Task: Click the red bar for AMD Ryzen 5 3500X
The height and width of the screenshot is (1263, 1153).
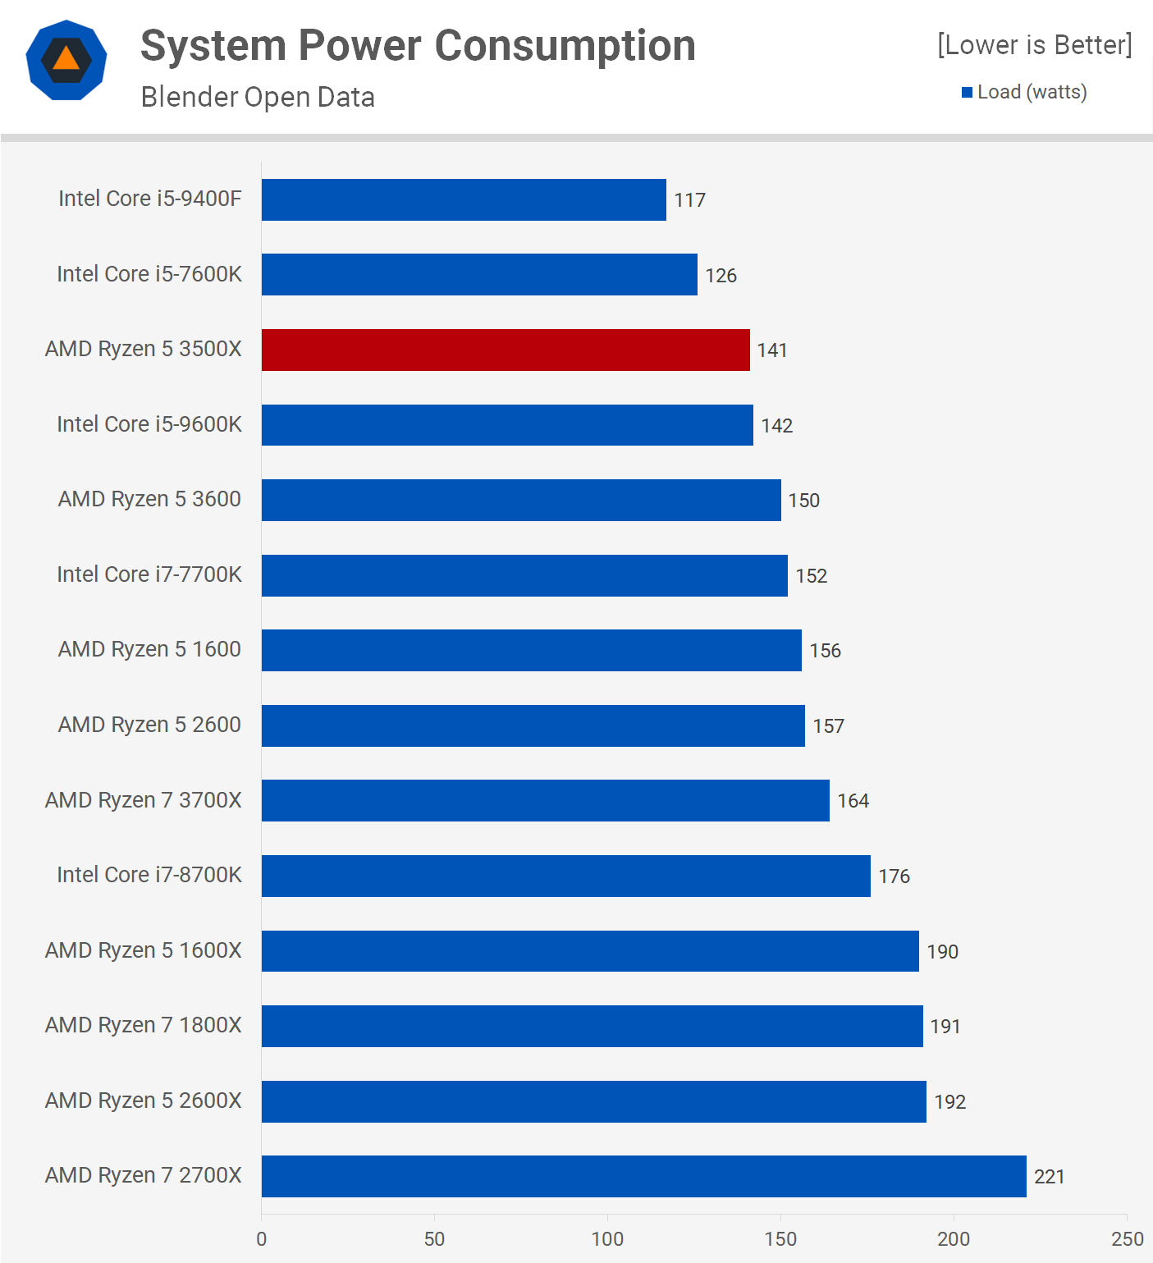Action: coord(506,350)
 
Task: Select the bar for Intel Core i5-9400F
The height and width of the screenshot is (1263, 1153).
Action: coord(464,199)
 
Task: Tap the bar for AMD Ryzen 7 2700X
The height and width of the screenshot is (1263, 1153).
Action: coord(643,1176)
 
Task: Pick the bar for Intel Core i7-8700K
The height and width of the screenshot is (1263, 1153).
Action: coord(565,876)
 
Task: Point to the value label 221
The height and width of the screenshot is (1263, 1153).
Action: coord(1049,1177)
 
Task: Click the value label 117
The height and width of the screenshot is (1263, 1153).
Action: coord(689,200)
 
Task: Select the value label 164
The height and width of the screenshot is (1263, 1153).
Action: coord(853,801)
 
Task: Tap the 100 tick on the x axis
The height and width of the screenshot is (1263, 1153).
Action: coord(607,1239)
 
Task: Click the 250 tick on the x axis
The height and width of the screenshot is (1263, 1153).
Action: coord(1127,1239)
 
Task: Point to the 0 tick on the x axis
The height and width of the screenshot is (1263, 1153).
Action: coord(262,1239)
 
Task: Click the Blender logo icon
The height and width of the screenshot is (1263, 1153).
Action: coord(66,60)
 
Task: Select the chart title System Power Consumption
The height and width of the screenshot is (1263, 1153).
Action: coord(418,46)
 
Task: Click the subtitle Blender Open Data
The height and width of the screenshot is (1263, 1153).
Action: coord(258,97)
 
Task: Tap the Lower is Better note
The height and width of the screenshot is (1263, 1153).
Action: coord(1034,44)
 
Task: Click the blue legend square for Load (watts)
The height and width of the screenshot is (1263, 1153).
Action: coord(967,92)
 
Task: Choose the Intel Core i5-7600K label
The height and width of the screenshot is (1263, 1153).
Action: coord(149,274)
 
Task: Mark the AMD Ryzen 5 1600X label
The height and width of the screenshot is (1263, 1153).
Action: coord(144,950)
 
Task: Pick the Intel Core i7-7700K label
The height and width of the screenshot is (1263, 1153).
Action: coord(149,574)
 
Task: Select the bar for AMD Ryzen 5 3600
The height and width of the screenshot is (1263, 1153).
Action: coord(521,500)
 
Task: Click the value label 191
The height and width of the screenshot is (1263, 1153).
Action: coord(945,1027)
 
